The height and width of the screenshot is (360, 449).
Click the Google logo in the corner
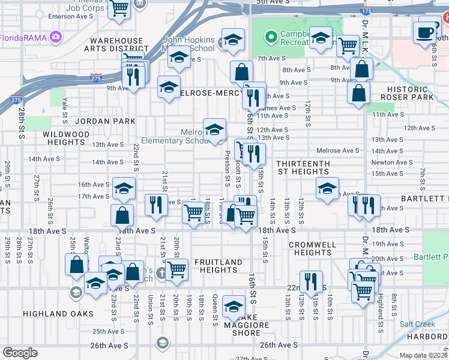pos(20,353)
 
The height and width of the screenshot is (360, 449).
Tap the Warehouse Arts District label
pos(117,45)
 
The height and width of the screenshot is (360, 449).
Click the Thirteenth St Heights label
pos(303,167)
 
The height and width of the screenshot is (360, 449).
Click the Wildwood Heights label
pos(67,138)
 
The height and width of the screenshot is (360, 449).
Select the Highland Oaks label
pos(58,313)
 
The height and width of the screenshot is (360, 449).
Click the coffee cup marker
pos(425,32)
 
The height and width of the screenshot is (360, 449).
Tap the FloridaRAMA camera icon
pos(56,38)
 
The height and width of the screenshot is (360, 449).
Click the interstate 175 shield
pos(365,11)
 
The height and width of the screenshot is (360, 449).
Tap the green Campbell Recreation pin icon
pos(271,37)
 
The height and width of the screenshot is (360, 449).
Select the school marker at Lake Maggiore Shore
pos(234,307)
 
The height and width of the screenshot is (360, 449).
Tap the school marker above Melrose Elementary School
pos(214,130)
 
